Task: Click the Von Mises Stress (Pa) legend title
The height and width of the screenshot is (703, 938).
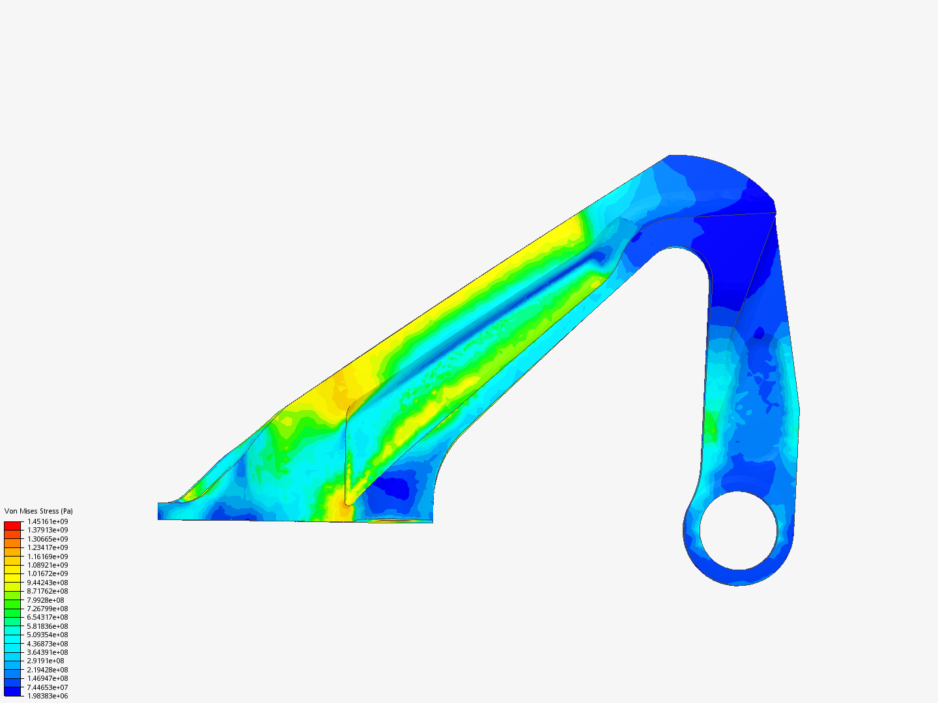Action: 38,511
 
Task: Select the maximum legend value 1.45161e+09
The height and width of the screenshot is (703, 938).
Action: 48,521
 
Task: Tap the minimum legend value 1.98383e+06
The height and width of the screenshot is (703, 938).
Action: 48,696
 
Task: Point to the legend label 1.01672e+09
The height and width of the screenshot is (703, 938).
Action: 48,574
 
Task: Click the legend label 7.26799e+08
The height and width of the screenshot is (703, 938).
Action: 48,609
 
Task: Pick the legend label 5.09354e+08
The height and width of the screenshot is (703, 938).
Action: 48,635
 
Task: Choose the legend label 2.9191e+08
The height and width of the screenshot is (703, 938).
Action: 46,661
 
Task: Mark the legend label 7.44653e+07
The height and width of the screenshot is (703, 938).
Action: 48,687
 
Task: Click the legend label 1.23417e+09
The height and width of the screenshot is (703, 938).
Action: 48,547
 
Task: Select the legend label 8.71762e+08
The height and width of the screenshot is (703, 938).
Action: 48,591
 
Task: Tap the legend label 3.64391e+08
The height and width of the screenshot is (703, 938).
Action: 48,652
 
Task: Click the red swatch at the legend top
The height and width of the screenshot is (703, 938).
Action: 12,525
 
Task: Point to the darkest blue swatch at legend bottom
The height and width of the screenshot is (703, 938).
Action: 12,692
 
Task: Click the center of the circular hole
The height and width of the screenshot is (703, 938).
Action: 739,530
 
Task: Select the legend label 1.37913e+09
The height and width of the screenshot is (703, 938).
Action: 48,530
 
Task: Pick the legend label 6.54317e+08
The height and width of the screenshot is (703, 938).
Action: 48,617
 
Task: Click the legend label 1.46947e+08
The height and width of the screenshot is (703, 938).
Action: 48,678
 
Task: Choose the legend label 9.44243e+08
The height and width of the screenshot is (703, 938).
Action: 48,583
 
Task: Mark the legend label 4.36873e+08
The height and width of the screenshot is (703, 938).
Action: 48,644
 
